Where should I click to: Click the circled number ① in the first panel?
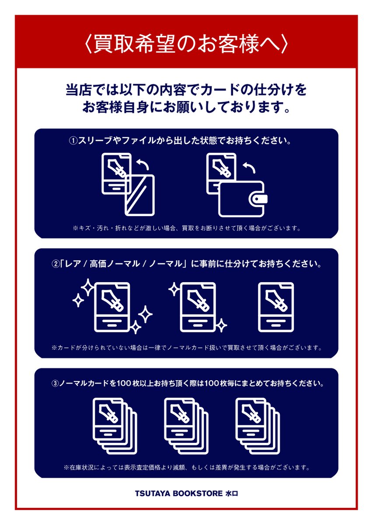click(x=73, y=141)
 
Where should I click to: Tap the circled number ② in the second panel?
click(x=55, y=265)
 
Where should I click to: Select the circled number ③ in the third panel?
click(x=55, y=384)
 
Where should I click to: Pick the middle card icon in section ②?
click(x=198, y=306)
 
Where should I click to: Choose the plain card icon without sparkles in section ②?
click(x=276, y=306)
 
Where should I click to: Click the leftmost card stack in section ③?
click(x=115, y=426)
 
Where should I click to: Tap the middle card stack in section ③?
click(x=186, y=426)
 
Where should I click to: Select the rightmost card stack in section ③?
click(x=258, y=426)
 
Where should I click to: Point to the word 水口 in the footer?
click(x=231, y=493)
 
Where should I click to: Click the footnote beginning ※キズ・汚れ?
click(x=186, y=228)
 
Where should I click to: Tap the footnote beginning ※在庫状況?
click(x=186, y=467)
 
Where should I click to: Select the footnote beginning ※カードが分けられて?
click(x=186, y=348)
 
